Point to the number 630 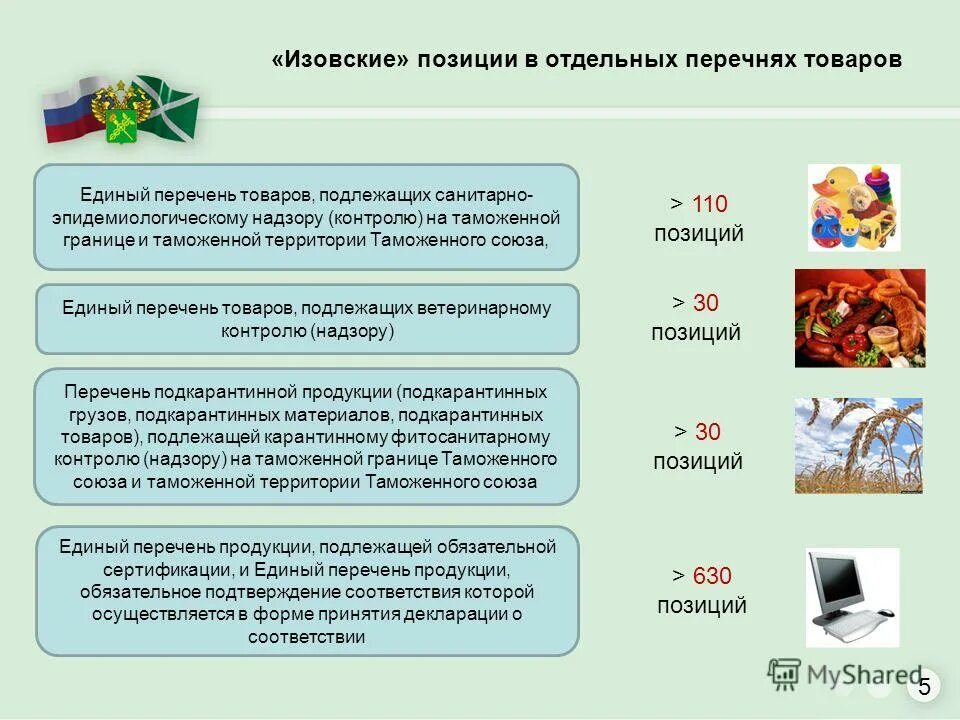click(x=713, y=576)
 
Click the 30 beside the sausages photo click(x=706, y=303)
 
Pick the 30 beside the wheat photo click(x=707, y=432)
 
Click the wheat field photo click(x=858, y=445)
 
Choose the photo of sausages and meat click(x=859, y=318)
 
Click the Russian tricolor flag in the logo click(x=64, y=113)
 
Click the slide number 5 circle click(x=924, y=686)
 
